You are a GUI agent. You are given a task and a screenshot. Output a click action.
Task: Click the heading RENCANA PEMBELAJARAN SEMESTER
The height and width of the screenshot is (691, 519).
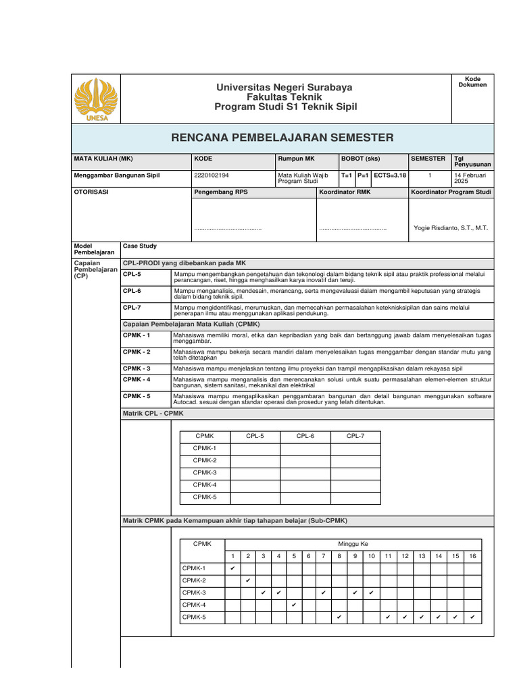[282, 138]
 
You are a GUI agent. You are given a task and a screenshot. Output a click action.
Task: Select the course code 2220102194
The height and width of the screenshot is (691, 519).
[211, 175]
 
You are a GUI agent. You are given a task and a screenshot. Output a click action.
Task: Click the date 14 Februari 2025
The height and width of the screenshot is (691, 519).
[471, 178]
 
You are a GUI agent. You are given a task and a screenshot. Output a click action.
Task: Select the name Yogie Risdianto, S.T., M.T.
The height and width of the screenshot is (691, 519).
[450, 228]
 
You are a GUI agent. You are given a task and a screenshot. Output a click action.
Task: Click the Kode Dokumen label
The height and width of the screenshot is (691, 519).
[472, 82]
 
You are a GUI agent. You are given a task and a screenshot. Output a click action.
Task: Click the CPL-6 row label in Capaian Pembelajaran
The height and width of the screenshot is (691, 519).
[132, 291]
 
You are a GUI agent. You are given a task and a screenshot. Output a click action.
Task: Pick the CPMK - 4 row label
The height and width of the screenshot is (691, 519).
[137, 380]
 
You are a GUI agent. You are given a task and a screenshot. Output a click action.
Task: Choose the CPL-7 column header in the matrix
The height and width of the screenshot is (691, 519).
[355, 437]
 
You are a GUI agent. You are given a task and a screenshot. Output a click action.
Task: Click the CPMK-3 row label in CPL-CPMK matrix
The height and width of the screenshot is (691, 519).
[205, 473]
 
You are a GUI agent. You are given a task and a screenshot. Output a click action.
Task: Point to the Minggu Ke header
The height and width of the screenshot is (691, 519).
[353, 544]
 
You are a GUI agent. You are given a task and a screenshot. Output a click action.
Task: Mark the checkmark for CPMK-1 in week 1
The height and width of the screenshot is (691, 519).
[232, 568]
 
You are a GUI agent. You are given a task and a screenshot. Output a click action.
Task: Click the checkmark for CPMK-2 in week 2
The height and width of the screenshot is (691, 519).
[248, 580]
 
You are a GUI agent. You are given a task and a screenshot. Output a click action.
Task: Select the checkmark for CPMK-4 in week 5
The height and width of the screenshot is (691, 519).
[294, 605]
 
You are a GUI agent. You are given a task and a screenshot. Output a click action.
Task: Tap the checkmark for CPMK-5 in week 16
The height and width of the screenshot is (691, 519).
[472, 617]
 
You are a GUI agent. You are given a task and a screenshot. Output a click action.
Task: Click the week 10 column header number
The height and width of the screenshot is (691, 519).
[371, 556]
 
